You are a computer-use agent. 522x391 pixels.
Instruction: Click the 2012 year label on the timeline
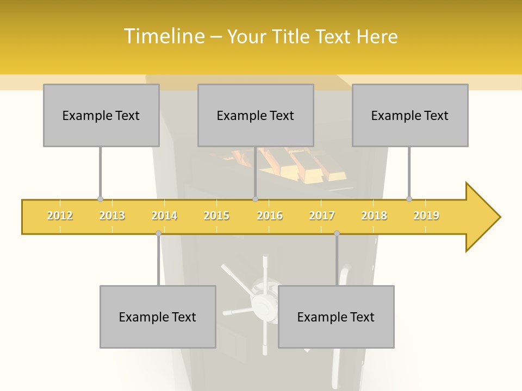[60, 216]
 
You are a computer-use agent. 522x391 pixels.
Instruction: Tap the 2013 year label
[112, 216]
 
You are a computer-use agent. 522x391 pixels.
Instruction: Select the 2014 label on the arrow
[164, 216]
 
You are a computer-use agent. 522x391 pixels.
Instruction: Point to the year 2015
[216, 216]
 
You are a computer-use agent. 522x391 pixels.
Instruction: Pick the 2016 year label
[270, 216]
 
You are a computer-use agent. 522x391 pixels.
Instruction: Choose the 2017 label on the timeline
[322, 216]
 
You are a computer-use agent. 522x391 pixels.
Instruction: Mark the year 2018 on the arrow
[374, 216]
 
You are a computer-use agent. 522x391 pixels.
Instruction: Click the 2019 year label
[426, 216]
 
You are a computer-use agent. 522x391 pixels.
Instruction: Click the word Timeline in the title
[163, 36]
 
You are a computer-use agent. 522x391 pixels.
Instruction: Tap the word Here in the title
[377, 36]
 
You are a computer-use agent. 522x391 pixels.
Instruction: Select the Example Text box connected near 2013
[101, 115]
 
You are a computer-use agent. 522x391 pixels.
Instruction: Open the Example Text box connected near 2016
[256, 115]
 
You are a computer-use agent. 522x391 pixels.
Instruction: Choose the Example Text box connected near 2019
[410, 115]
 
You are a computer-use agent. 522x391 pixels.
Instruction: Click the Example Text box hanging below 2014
[158, 317]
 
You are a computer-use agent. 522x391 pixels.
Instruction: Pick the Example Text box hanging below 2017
[336, 317]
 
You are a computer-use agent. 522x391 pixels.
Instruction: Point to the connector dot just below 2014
[158, 233]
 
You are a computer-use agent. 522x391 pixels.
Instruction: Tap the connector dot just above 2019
[409, 199]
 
